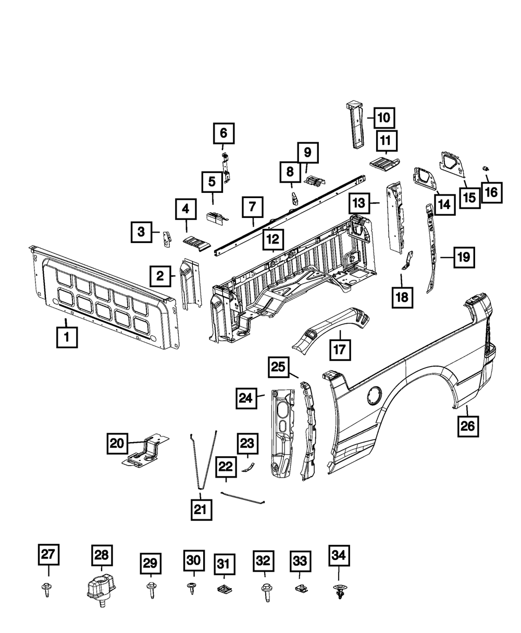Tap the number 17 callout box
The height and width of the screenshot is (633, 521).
click(x=341, y=349)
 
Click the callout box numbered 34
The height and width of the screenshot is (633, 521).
click(x=339, y=556)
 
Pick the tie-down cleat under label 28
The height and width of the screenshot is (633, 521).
click(x=101, y=591)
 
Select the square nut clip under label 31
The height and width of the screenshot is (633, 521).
click(x=224, y=590)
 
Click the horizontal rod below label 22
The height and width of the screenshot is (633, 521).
click(x=243, y=497)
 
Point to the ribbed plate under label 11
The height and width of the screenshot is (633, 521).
click(x=384, y=163)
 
